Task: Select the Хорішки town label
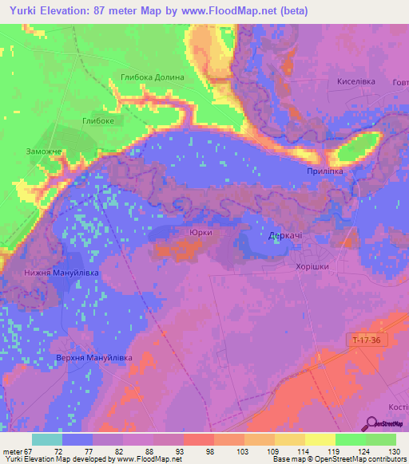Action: click(312, 267)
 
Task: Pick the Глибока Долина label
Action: click(152, 77)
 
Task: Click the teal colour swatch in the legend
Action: click(47, 439)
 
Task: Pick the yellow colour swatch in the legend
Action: click(320, 439)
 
